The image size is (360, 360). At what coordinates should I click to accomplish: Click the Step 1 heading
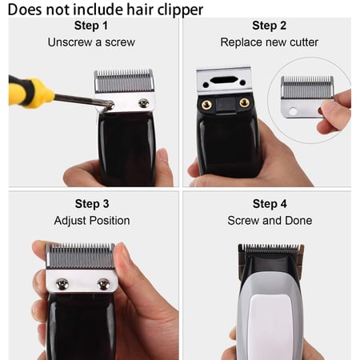coord(91,26)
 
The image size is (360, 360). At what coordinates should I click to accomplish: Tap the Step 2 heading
coord(269,26)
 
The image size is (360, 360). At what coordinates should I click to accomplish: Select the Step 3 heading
coord(91,204)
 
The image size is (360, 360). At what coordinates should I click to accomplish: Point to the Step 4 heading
coord(269,204)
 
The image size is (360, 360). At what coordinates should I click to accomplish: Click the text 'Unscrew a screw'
coord(91,42)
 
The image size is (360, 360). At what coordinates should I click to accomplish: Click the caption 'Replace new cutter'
coord(269,42)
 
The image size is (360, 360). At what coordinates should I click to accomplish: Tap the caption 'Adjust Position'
coord(91,220)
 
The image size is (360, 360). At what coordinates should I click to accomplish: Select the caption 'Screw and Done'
coord(269,220)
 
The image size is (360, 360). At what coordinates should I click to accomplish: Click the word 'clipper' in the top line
coord(178,9)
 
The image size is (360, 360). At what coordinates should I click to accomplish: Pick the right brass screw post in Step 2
coord(244,102)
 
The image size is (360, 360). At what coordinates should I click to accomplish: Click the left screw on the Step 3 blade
coord(62,283)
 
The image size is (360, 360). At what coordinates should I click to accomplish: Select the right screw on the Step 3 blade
coord(103,283)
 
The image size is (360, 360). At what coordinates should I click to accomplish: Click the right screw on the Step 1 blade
coord(143,102)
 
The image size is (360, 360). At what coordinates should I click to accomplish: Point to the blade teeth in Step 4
coord(270,249)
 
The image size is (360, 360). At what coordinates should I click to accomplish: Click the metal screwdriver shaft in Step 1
coord(80,99)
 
